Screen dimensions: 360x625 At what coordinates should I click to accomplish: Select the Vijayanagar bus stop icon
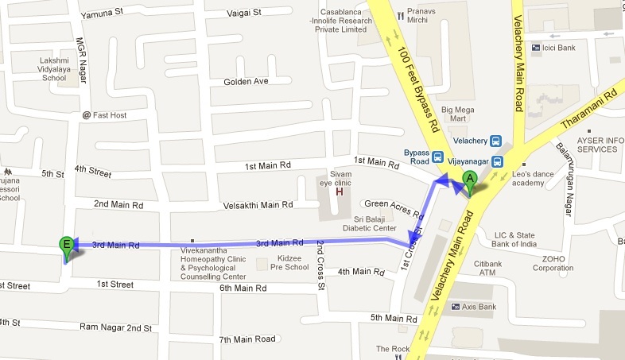pos(498,161)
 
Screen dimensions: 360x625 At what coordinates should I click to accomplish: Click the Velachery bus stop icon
pos(497,141)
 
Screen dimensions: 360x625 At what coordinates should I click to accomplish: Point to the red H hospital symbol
pos(340,192)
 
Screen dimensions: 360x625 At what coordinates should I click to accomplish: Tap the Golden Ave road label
pos(247,82)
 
